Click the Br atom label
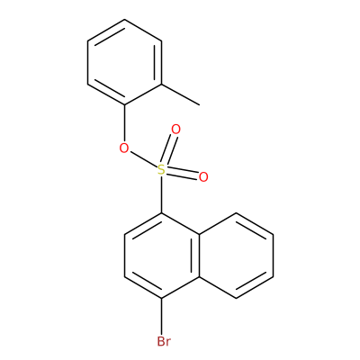click(164, 341)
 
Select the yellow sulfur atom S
click(162, 170)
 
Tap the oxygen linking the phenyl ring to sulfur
click(124, 148)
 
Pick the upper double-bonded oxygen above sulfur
click(175, 130)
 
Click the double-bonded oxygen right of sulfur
click(203, 177)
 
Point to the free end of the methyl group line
click(199, 105)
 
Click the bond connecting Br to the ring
click(162, 317)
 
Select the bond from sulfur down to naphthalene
click(162, 195)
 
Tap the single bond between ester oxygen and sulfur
click(143, 159)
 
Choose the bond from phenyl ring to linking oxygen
click(124, 123)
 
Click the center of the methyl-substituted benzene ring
click(124, 62)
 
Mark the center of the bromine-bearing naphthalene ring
click(162, 256)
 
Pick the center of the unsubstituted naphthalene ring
click(236, 256)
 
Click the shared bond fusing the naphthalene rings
click(199, 256)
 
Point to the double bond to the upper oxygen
click(169, 149)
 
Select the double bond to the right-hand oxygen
click(183, 174)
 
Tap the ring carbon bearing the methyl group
click(162, 84)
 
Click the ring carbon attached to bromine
click(162, 298)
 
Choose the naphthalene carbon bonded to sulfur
click(162, 213)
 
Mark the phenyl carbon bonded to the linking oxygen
click(124, 105)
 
